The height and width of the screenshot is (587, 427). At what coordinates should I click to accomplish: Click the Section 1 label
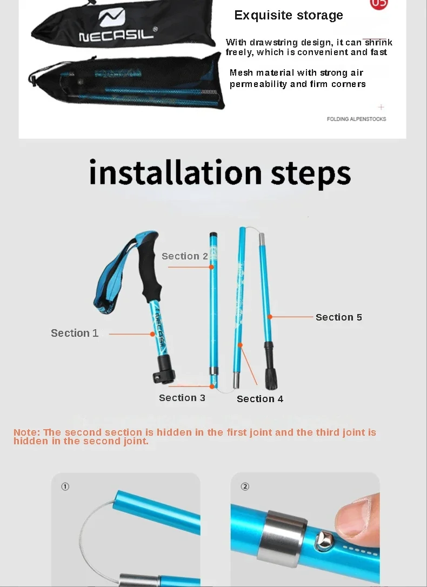(75, 333)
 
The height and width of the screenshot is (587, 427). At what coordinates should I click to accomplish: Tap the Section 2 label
(184, 256)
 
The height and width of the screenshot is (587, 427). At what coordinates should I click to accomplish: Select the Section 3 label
(182, 398)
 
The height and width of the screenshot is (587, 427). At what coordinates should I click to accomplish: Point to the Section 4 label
(260, 399)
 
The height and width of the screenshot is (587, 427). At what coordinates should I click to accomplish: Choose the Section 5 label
(339, 317)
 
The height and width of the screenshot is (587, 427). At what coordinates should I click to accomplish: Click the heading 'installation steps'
(220, 172)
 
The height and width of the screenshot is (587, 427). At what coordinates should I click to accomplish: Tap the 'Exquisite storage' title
(289, 15)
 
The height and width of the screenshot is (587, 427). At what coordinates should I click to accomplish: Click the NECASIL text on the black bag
(117, 36)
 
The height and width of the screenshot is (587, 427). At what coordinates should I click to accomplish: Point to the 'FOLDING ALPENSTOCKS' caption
(356, 119)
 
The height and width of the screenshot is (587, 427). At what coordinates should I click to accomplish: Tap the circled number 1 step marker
(65, 486)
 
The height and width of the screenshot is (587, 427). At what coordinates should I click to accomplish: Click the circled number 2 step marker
(245, 486)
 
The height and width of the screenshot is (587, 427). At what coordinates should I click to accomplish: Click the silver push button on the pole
(323, 540)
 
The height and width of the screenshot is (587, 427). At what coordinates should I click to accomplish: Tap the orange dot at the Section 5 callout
(270, 317)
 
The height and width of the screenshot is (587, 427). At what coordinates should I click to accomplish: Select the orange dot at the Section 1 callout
(152, 334)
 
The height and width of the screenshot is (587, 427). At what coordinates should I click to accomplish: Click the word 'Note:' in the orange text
(26, 432)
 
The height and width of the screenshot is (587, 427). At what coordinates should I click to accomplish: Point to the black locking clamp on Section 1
(165, 370)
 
